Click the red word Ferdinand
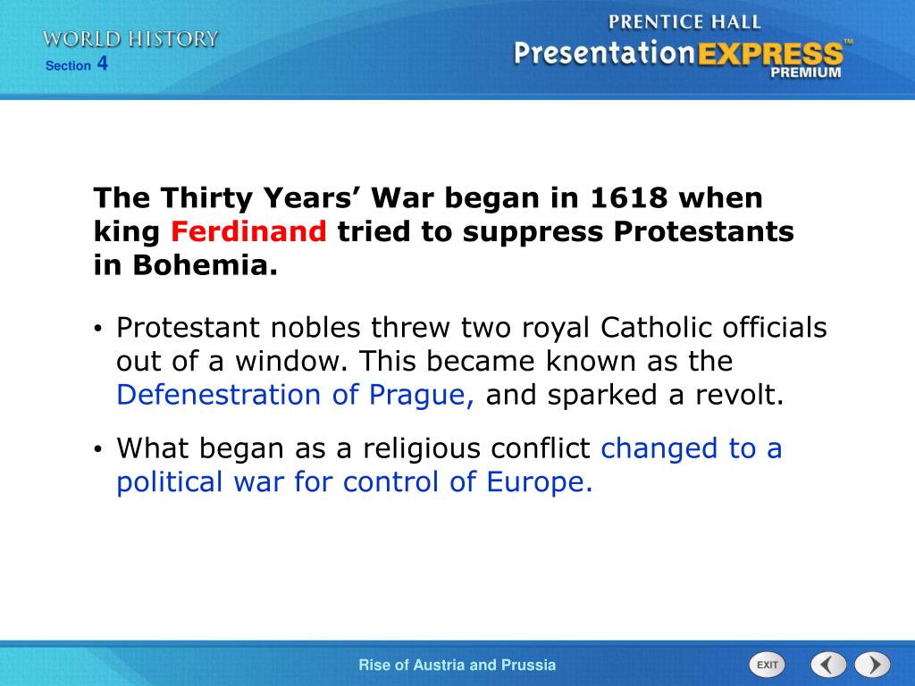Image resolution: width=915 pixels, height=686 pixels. pyautogui.click(x=249, y=232)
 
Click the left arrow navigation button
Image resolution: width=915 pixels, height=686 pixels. pyautogui.click(x=828, y=665)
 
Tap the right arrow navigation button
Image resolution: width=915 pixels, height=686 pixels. pyautogui.click(x=872, y=665)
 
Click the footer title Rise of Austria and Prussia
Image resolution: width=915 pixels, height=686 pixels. pyautogui.click(x=457, y=665)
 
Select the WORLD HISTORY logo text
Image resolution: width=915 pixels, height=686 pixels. pyautogui.click(x=130, y=38)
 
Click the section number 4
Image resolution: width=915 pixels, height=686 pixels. pyautogui.click(x=103, y=63)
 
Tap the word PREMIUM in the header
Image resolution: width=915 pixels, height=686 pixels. pyautogui.click(x=805, y=73)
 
